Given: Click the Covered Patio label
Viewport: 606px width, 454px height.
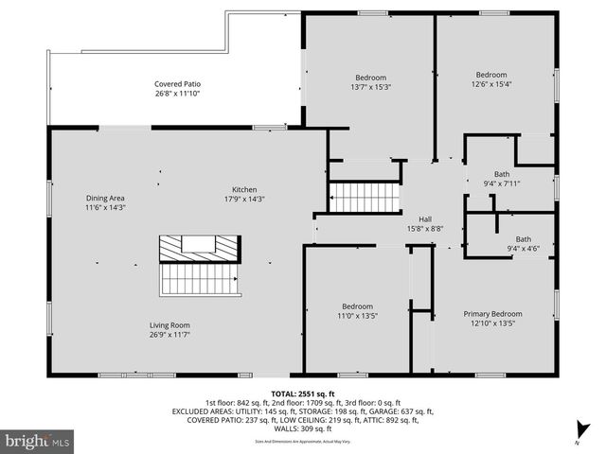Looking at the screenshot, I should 178,83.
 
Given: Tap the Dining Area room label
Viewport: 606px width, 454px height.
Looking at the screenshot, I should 105,198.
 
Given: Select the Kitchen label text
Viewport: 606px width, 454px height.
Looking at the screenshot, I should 244,189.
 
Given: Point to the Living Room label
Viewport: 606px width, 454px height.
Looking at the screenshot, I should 169,324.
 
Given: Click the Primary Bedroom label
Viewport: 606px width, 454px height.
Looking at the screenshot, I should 491,313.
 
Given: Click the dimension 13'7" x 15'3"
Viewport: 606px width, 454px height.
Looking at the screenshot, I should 370,86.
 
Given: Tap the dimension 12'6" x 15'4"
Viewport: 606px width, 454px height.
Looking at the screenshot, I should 490,84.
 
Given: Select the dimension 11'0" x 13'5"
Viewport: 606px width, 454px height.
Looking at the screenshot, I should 358,315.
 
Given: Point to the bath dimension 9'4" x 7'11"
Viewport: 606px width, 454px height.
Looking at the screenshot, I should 501,183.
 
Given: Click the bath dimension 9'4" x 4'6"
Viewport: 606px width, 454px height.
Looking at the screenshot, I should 523,249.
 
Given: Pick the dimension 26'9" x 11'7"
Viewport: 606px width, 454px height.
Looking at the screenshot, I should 169,334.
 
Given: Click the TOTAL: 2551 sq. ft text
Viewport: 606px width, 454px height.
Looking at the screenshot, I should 302,393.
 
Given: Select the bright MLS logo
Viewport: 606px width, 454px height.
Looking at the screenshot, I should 38,441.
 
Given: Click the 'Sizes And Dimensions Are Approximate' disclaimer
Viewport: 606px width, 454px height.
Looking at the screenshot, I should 302,440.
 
